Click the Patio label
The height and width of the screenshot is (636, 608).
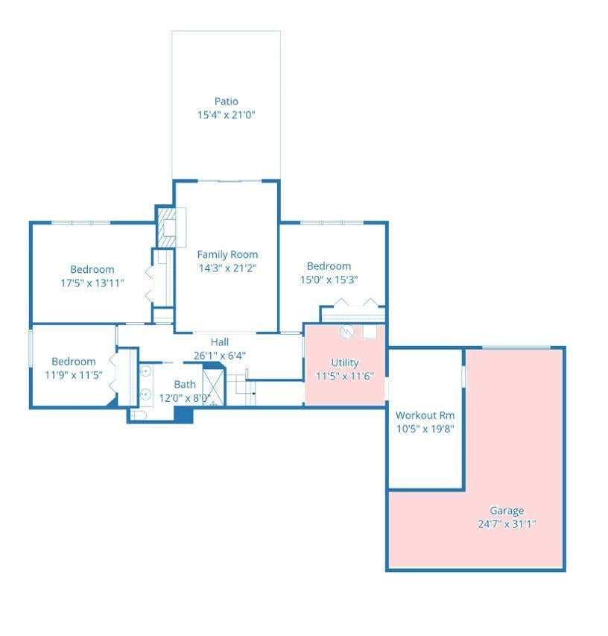coord(227,101)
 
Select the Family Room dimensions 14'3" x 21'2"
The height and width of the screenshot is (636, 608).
coord(227,268)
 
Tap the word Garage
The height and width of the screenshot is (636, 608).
coord(507,511)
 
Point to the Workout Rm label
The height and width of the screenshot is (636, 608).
coord(425,415)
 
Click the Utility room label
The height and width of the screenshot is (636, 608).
coord(345,362)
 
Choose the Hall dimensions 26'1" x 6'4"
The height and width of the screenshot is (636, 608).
coord(220,356)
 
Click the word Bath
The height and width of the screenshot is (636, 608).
coord(185,384)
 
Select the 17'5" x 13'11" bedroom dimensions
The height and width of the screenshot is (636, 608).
coord(92,283)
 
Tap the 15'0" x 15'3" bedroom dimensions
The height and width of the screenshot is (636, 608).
coord(329,280)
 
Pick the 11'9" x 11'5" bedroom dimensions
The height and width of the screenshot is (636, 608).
coord(73,375)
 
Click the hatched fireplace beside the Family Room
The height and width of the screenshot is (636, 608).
coord(167,227)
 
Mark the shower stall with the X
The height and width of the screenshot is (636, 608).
coord(214,387)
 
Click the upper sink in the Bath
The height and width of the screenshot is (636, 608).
coord(145,371)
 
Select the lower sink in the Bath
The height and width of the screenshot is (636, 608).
coord(145,394)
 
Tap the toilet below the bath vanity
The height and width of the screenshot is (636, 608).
coord(138,415)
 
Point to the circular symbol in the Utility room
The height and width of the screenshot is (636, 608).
coord(346,332)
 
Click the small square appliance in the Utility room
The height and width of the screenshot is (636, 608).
coord(370,331)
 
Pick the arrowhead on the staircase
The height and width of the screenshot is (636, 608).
coord(254,394)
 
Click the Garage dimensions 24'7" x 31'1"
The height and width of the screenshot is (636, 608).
coord(507,524)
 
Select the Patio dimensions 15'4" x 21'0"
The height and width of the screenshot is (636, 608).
coord(227,115)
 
